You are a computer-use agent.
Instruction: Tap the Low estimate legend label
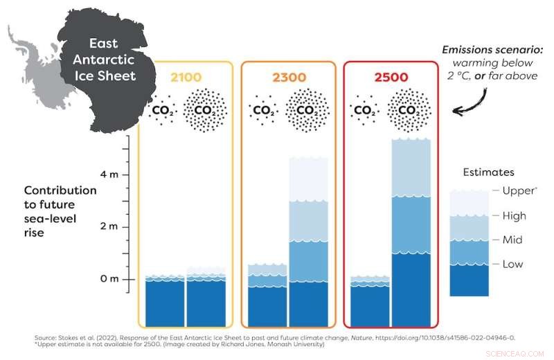point(512,264)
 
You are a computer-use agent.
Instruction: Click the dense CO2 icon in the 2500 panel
point(411,110)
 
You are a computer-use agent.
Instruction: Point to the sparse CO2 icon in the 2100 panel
point(164,110)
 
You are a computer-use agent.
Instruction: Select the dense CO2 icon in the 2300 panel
point(307,110)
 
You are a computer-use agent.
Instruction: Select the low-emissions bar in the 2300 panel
point(267,294)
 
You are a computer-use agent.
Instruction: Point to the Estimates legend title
point(487,172)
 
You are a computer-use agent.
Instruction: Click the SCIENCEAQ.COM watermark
point(515,352)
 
